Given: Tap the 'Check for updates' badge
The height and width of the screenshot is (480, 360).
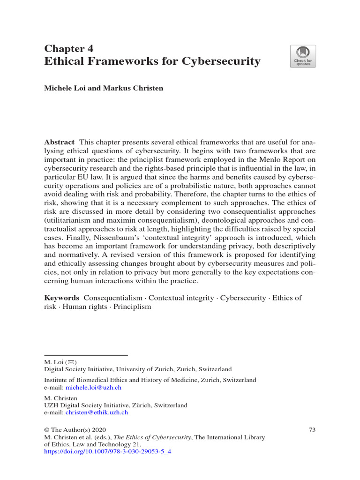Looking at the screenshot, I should (x=303, y=56).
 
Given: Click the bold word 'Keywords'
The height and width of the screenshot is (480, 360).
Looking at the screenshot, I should (x=61, y=298).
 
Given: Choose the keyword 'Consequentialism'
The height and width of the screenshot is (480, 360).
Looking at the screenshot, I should (x=113, y=298).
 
